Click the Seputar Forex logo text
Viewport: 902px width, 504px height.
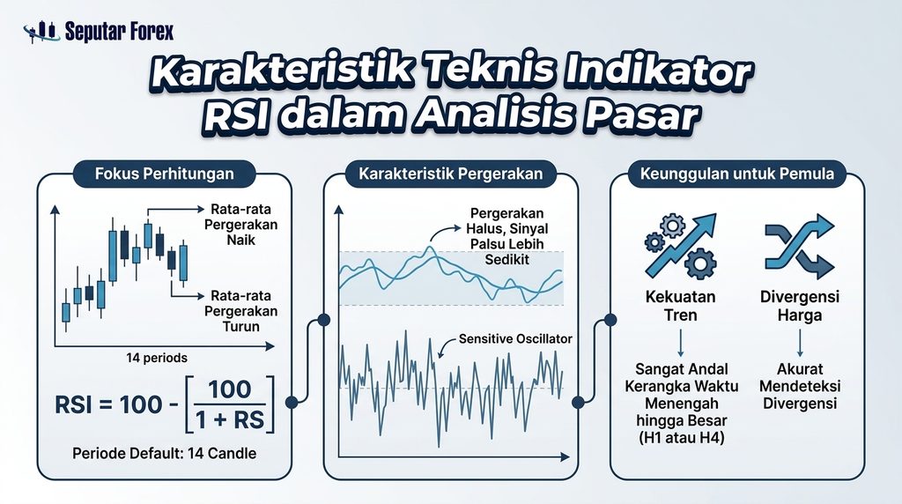tap(119, 31)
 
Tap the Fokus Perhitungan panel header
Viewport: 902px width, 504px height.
tap(165, 174)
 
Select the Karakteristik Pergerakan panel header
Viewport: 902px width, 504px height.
tap(450, 174)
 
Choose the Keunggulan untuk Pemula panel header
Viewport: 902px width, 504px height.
tap(737, 174)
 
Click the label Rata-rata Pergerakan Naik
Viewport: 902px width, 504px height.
tap(241, 225)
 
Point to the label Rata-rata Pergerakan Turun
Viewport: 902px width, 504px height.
tap(241, 311)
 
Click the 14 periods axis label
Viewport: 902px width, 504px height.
tap(157, 358)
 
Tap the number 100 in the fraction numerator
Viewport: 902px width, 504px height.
tap(230, 389)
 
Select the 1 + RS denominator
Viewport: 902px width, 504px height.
tap(230, 420)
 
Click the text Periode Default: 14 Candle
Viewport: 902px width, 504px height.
tap(165, 454)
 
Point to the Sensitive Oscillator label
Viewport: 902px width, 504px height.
tap(515, 339)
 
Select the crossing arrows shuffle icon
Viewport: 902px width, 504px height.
tap(800, 246)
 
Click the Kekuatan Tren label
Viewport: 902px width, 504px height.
tap(681, 306)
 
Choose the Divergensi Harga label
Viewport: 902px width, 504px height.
tap(800, 306)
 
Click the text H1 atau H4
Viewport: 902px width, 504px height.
tap(682, 438)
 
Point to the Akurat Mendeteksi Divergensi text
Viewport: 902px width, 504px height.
tap(800, 386)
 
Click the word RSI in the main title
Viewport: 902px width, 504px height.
tap(240, 115)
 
